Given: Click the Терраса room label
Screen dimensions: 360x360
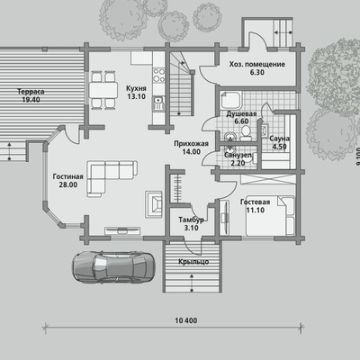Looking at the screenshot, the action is click(x=31, y=95).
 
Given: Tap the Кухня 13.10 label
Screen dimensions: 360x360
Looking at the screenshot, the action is click(x=136, y=93).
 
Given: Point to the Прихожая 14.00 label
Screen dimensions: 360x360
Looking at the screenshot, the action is click(x=191, y=148).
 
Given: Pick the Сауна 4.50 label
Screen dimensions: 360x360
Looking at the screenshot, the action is click(x=279, y=142).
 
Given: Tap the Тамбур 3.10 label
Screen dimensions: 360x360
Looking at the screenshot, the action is click(x=191, y=224).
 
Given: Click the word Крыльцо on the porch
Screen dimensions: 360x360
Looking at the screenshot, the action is click(x=193, y=262).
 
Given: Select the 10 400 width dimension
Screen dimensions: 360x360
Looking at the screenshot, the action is click(x=186, y=320).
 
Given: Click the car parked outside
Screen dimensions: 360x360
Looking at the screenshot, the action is click(x=113, y=266).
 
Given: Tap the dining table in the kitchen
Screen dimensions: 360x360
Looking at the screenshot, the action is click(x=103, y=90).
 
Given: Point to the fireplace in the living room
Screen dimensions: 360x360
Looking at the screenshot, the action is click(x=154, y=204).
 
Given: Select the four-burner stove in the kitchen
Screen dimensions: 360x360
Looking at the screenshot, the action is click(x=158, y=75).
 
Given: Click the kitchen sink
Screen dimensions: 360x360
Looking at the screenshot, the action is click(x=158, y=103).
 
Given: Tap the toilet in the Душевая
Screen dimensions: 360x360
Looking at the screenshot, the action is click(x=246, y=133).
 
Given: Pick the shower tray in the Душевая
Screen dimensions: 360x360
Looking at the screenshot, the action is click(x=231, y=100).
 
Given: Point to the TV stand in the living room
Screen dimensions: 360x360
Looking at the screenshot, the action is click(x=122, y=230).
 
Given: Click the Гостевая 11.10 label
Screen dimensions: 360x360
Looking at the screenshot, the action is click(x=255, y=206).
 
